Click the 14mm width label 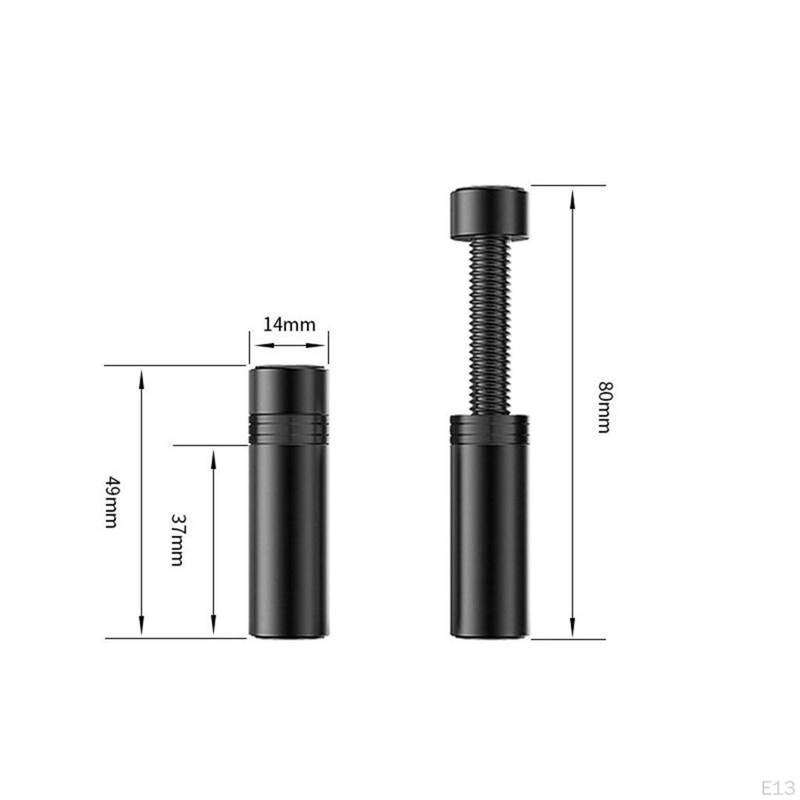tap(289, 324)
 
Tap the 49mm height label tap(112, 502)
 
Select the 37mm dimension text tap(177, 540)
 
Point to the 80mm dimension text tap(605, 406)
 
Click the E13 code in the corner tap(778, 787)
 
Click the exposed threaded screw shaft tap(490, 326)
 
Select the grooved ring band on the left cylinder tap(289, 428)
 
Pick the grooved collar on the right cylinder tap(490, 428)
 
